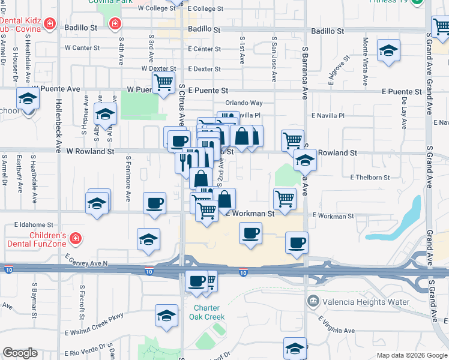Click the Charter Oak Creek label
[x=209, y=313]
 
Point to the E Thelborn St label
[x=370, y=178]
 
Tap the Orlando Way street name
[x=244, y=103]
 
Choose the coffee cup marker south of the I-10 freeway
[x=196, y=281]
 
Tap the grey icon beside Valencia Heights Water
[x=313, y=301]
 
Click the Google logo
[x=20, y=353]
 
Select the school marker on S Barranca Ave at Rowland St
[x=305, y=161]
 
